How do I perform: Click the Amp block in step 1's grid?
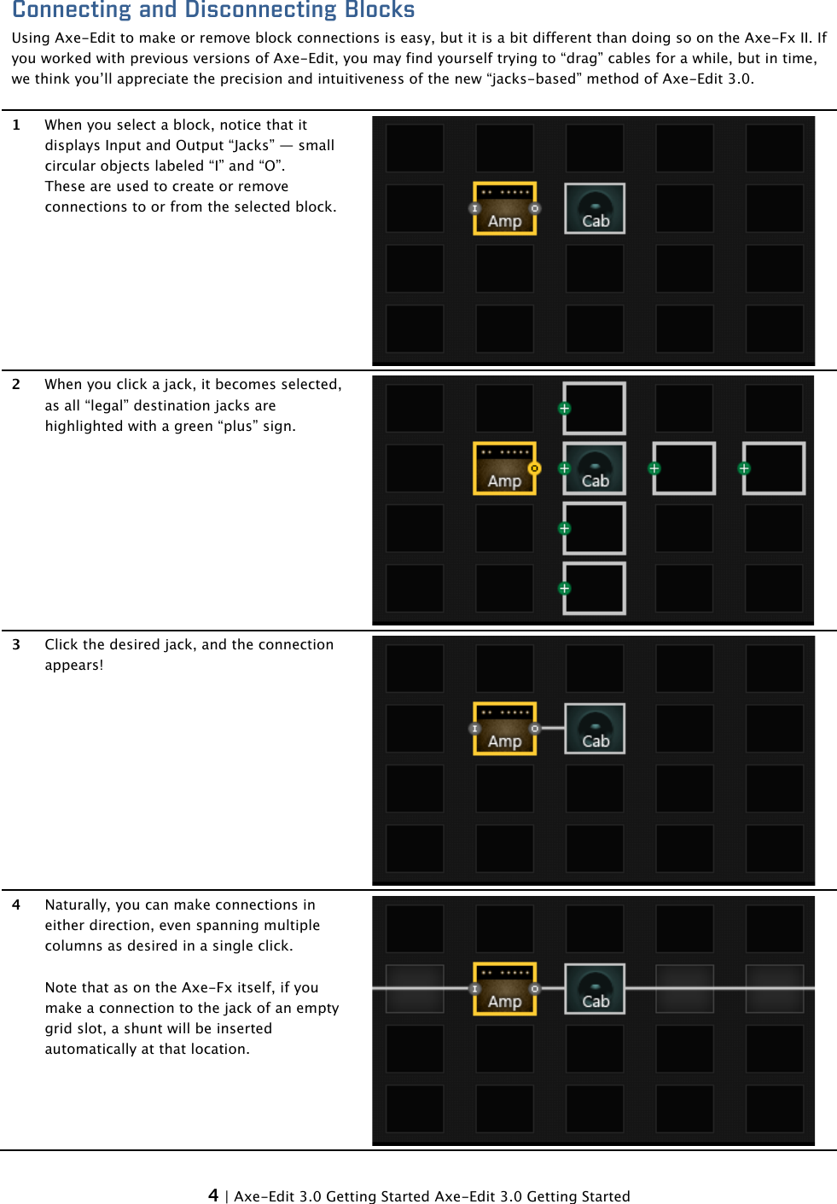(505, 209)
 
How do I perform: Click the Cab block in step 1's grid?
(595, 209)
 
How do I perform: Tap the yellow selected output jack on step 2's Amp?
(535, 468)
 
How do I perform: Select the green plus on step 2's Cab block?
(564, 468)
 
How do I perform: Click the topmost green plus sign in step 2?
(564, 409)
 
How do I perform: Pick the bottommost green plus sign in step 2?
(564, 589)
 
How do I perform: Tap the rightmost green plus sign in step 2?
(744, 468)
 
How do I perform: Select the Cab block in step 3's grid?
(595, 729)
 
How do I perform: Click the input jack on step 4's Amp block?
(474, 989)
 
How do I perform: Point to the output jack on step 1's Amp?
(535, 208)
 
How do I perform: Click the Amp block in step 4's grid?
(505, 990)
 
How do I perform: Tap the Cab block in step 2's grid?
(596, 469)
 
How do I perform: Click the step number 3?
(16, 644)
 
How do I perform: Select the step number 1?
(16, 125)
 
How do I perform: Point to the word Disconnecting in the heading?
(265, 10)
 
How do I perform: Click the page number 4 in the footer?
(213, 1195)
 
